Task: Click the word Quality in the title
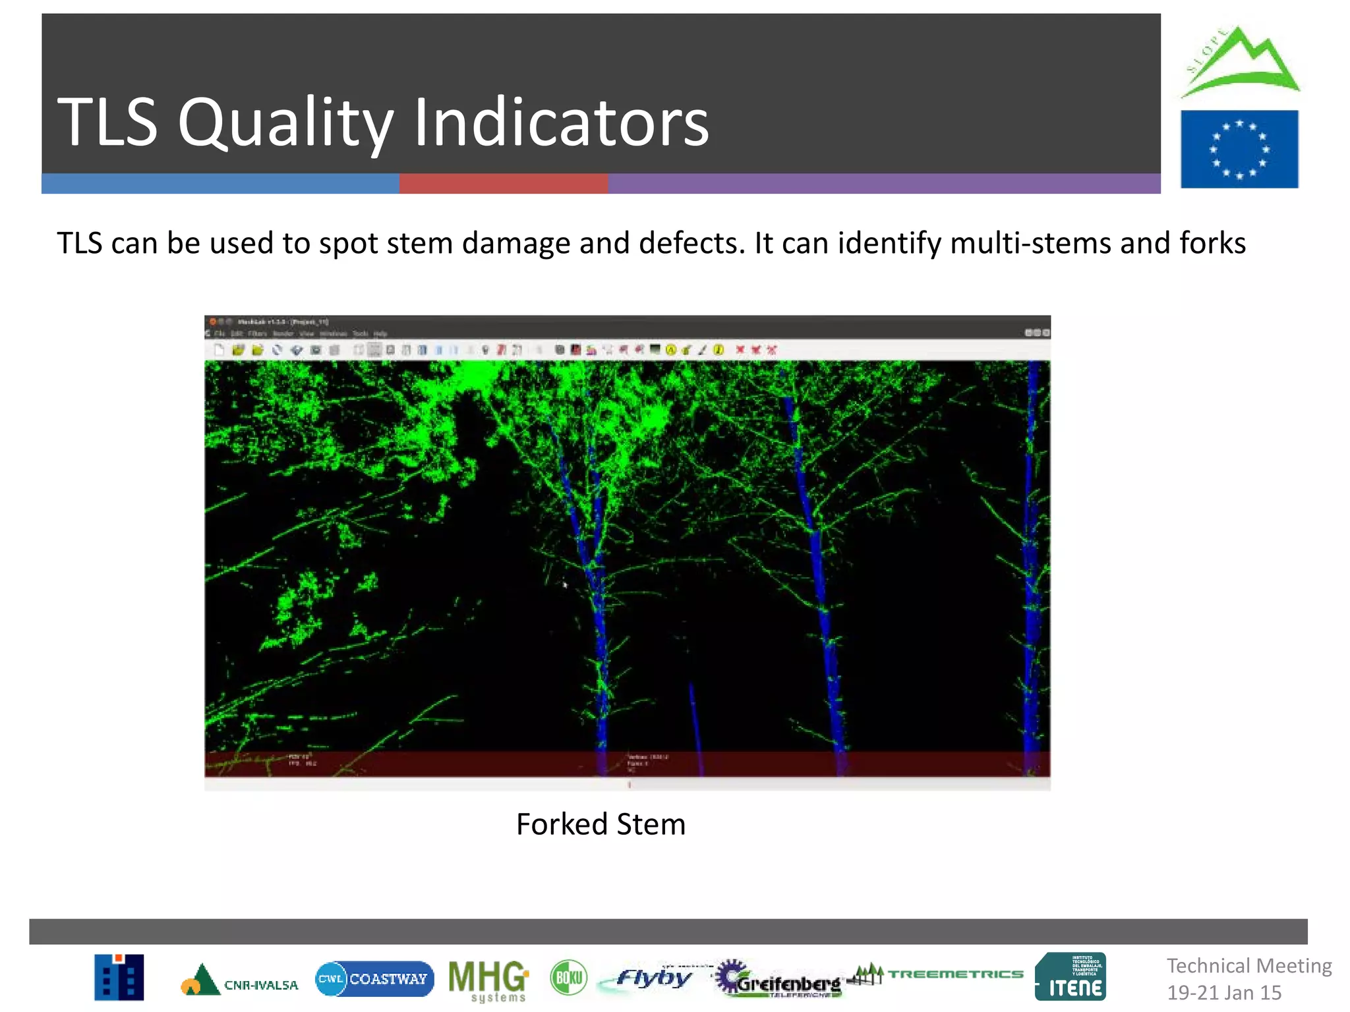[x=285, y=123]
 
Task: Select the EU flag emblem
[x=1239, y=150]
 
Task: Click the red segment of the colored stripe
[x=503, y=184]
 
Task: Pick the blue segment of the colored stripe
[x=220, y=184]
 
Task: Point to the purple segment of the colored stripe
[x=883, y=184]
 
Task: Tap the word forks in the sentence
[x=1212, y=243]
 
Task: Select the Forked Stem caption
[x=601, y=824]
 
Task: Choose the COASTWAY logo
[x=374, y=979]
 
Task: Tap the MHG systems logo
[x=488, y=980]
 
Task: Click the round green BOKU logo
[x=568, y=978]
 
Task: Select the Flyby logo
[x=653, y=978]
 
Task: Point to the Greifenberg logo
[x=778, y=980]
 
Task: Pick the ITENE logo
[x=1071, y=978]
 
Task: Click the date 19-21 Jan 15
[x=1224, y=993]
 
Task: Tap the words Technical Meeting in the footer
[x=1249, y=966]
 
